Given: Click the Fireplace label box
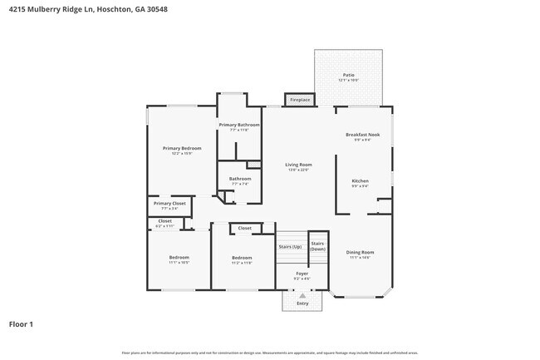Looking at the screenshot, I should click(x=300, y=100).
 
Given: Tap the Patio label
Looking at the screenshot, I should click(x=349, y=75).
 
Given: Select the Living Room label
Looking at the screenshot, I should click(x=298, y=165).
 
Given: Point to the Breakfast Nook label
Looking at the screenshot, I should click(x=362, y=135).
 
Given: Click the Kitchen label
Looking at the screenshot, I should click(x=360, y=180).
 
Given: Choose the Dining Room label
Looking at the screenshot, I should click(x=360, y=252).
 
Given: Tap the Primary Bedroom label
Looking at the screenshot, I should click(x=181, y=148).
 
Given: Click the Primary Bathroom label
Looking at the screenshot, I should click(x=239, y=125).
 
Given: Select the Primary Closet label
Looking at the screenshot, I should click(x=169, y=203).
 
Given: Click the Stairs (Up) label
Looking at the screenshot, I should click(x=289, y=247).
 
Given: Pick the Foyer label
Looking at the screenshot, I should click(x=302, y=274).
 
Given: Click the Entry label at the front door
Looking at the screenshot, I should click(x=302, y=303).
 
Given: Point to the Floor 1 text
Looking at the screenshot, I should click(x=21, y=324).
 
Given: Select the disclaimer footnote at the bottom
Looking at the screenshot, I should click(x=270, y=353).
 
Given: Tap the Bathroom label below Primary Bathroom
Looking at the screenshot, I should click(x=240, y=178).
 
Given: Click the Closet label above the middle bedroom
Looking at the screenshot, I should click(x=244, y=228).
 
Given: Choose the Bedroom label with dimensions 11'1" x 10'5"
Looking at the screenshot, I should click(x=179, y=257).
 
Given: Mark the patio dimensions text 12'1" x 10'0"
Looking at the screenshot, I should click(x=349, y=81).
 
